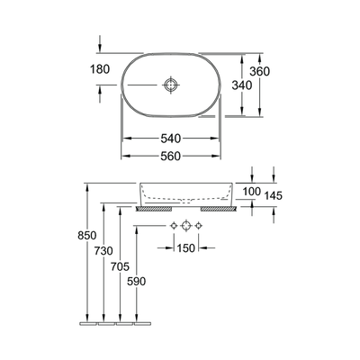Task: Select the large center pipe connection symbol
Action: point(186,223)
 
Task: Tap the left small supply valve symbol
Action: point(171,223)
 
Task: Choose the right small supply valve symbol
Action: point(202,223)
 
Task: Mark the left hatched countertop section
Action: point(148,208)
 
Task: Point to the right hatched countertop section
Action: point(219,208)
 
